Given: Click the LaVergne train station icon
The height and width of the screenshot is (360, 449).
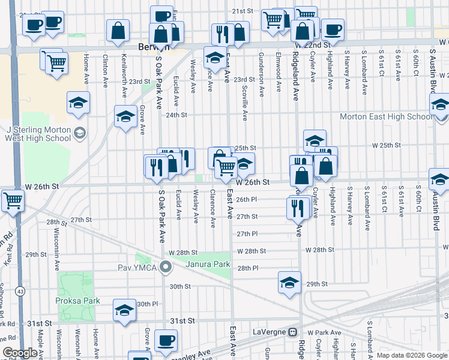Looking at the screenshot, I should (x=293, y=332).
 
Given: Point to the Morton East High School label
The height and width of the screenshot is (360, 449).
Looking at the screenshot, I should (x=385, y=117).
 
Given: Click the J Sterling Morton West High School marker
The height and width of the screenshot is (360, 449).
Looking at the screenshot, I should (x=79, y=133).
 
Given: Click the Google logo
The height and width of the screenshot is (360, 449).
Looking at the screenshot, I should (x=20, y=353).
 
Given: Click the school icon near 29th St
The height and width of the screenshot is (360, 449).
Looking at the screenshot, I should (x=289, y=281).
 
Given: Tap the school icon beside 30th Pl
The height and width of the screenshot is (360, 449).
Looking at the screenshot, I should (x=125, y=310).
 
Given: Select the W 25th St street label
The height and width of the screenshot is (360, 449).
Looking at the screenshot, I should (x=386, y=145).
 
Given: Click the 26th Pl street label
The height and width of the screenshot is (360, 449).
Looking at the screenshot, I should (x=246, y=200).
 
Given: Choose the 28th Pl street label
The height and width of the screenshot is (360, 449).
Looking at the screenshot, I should (x=247, y=268).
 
